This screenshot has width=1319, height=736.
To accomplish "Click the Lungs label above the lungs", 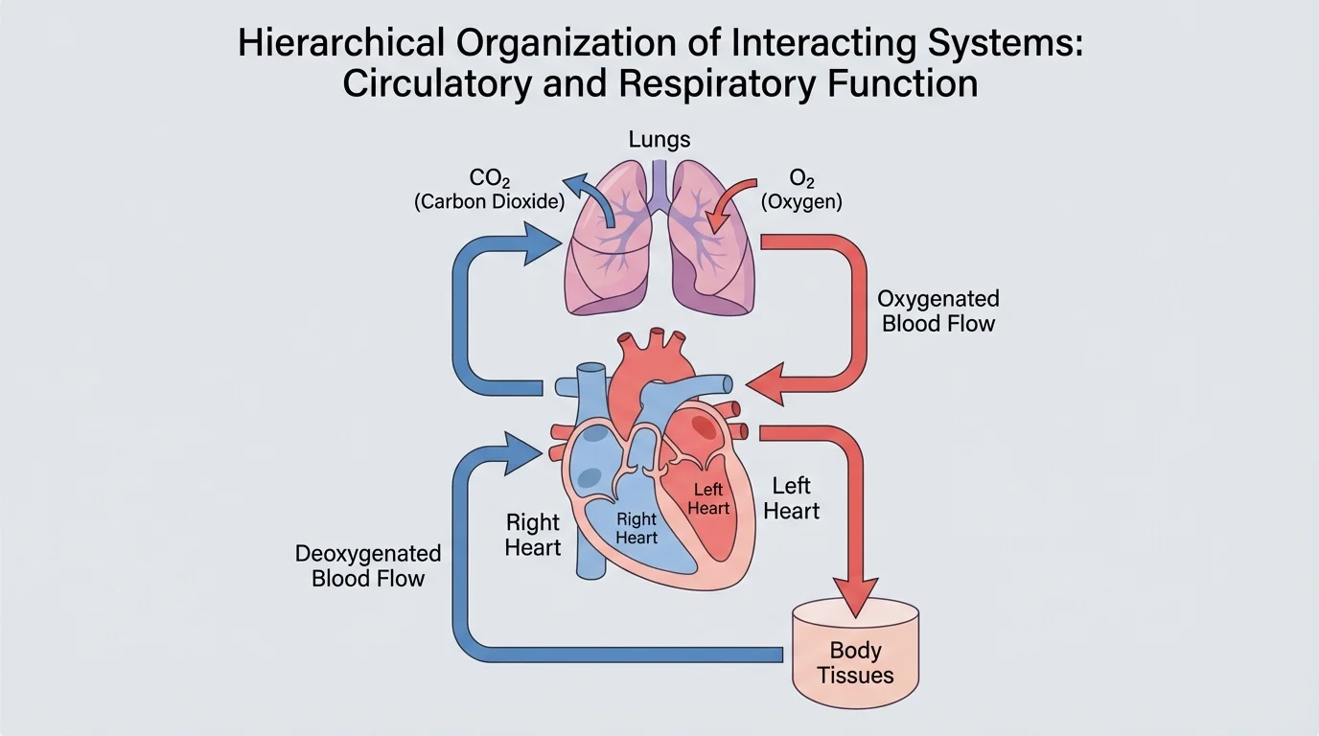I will click(x=659, y=140).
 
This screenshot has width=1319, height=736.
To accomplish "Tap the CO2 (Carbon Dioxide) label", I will click(x=489, y=190).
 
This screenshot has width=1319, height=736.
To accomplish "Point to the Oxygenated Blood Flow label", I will click(x=937, y=311).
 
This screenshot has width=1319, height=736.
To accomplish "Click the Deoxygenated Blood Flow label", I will click(x=368, y=565).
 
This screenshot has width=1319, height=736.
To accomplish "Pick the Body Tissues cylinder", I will click(x=855, y=652).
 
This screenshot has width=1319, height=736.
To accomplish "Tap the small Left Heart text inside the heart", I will click(x=708, y=499).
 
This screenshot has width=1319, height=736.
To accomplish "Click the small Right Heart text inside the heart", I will click(x=636, y=528).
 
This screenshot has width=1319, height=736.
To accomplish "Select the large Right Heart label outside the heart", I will click(x=533, y=535).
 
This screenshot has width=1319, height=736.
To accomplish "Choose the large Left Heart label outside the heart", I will click(x=791, y=498).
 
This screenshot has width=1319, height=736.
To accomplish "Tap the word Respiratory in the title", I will click(x=708, y=83).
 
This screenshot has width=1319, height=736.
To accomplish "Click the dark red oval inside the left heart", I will click(x=702, y=423).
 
